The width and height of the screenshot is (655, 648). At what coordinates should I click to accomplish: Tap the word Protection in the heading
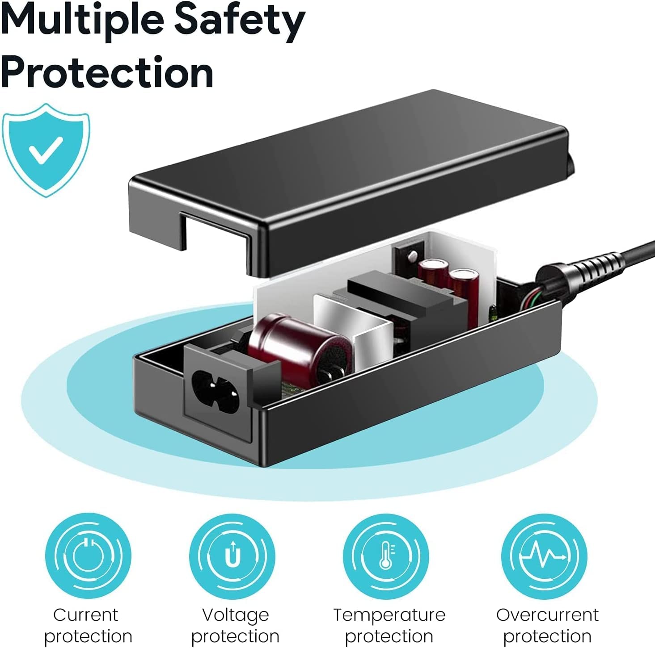coord(107,73)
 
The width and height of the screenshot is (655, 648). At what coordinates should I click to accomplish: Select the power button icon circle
coord(88,556)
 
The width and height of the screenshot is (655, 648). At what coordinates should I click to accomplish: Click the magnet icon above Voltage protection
coord(232,556)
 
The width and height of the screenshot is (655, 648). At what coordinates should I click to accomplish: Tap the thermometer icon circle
coord(386,556)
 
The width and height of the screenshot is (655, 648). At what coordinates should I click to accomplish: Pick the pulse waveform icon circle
coord(544,556)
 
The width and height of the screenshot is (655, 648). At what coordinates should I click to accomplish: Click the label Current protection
coord(88,625)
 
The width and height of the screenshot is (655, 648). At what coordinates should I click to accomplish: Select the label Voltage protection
coord(235,625)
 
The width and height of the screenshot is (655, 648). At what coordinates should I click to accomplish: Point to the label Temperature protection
coord(389,625)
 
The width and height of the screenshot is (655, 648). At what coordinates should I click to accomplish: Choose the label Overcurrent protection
coord(547,625)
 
